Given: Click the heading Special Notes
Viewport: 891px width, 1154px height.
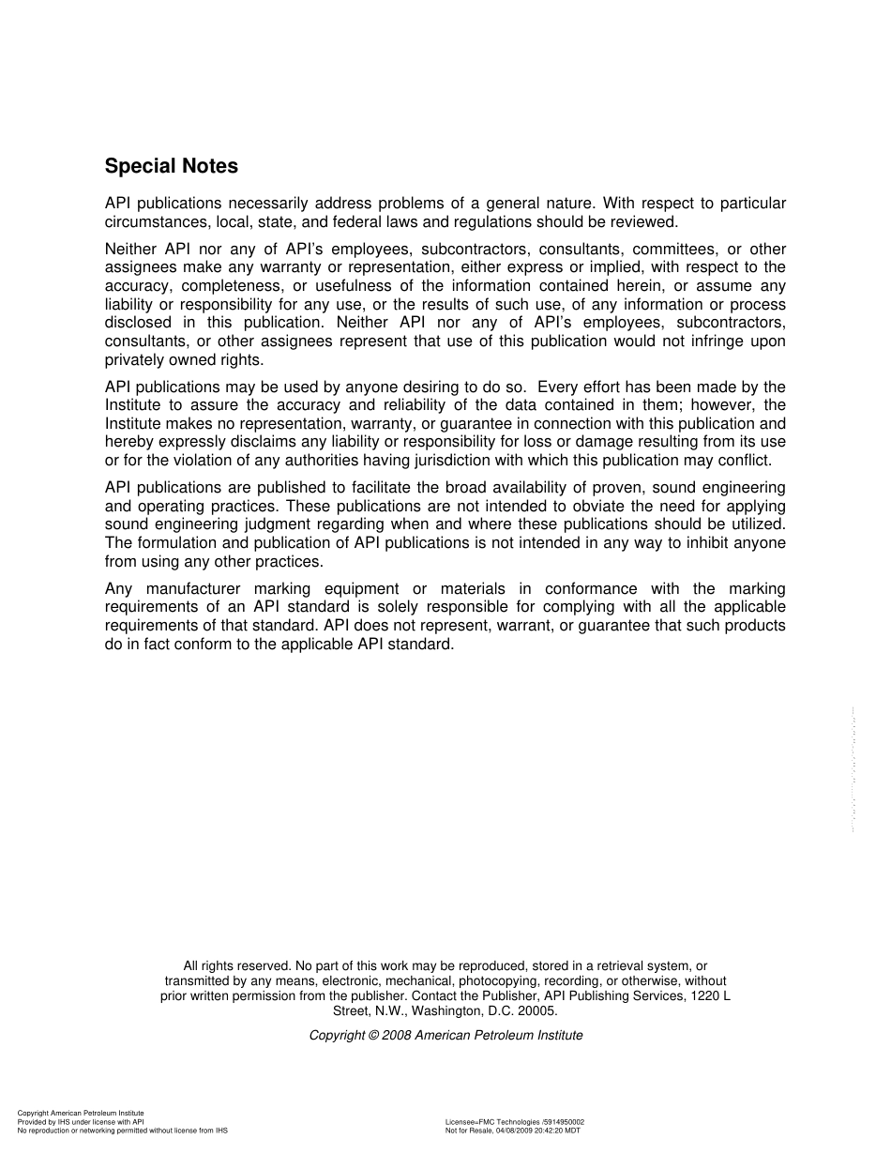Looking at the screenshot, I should point(171,166).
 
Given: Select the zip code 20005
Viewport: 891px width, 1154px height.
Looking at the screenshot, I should point(537,1011).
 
